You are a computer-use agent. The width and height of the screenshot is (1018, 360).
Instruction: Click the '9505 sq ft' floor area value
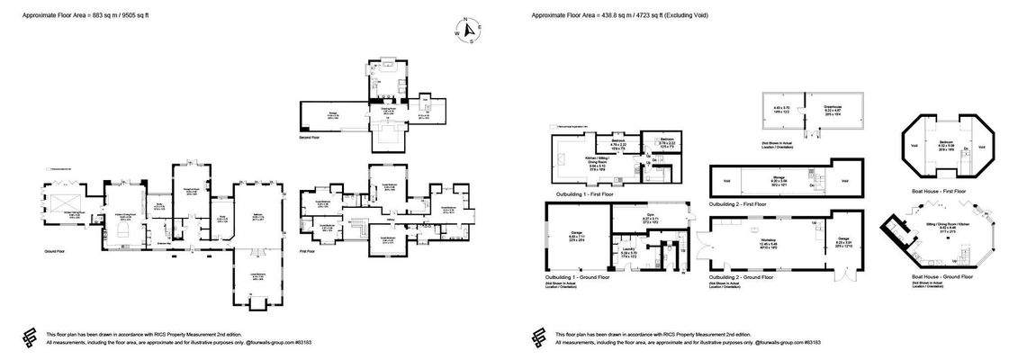[x=157, y=15]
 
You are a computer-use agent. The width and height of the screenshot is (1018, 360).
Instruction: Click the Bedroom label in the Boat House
[x=946, y=142]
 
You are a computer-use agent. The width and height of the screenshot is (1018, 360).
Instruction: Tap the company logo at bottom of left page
[x=32, y=337]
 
